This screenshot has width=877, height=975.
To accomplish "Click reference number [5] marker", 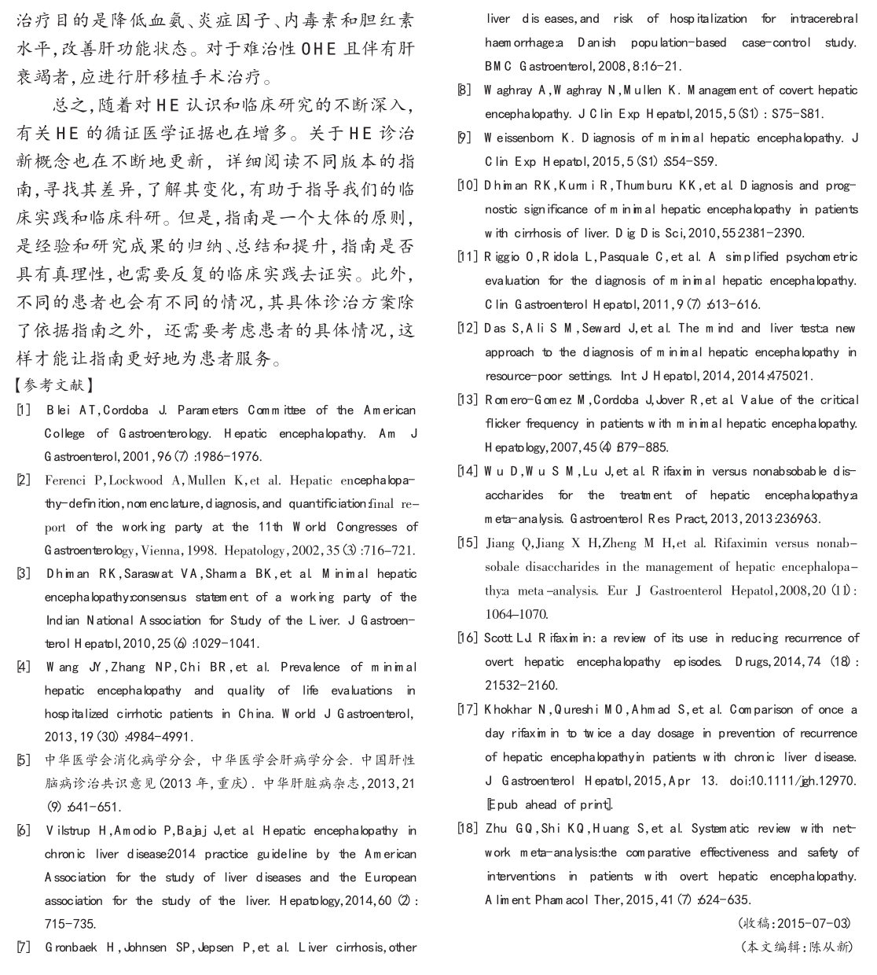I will click(24, 760).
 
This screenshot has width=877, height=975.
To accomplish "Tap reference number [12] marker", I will click(468, 328).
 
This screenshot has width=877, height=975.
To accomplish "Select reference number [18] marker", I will click(468, 828).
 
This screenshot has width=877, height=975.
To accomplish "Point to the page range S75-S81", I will click(797, 114).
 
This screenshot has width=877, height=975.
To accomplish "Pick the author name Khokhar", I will click(512, 710).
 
